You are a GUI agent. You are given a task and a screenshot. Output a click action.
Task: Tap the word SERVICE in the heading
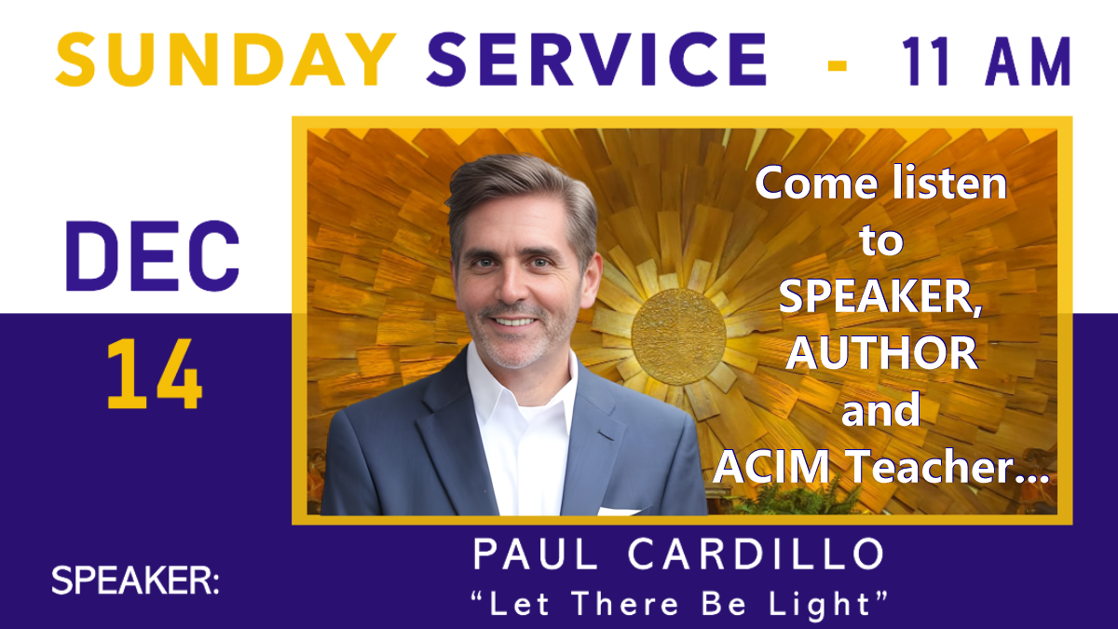tap(596, 61)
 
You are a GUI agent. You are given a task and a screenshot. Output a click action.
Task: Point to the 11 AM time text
tap(986, 63)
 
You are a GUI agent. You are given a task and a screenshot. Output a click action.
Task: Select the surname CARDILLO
tap(755, 556)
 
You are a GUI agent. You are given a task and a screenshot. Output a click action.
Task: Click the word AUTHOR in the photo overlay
tap(881, 353)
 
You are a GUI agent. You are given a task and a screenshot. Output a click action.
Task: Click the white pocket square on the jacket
tap(620, 510)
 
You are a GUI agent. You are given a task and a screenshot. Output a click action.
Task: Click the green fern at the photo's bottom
tap(773, 502)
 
